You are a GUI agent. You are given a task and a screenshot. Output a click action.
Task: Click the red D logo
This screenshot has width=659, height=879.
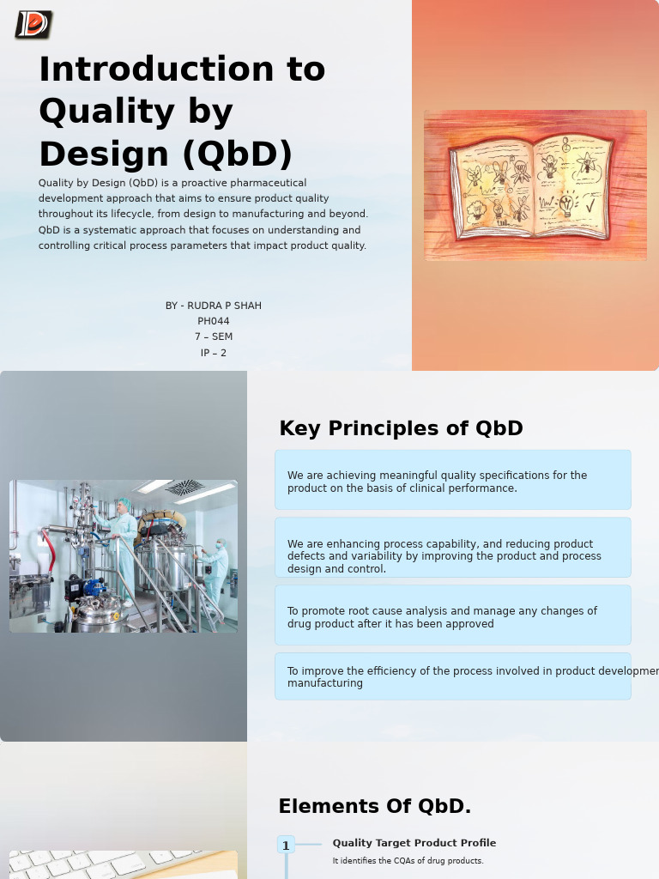[x=33, y=25]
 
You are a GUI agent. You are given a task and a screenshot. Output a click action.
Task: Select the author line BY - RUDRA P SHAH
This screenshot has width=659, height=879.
[x=214, y=306]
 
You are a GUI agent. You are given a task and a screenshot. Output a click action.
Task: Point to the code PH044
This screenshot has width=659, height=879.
[x=214, y=321]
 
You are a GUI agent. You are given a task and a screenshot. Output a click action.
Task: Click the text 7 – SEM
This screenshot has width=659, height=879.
[x=214, y=336]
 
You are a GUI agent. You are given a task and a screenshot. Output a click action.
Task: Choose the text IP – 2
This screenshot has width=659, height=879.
[x=214, y=353]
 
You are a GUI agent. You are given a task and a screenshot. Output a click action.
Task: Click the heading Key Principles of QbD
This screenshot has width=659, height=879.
[x=401, y=428]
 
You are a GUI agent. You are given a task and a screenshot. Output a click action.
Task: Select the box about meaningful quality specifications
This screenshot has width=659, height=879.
[x=452, y=480]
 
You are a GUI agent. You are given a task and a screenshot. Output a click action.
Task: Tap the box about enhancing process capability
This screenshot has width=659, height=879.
[x=452, y=549]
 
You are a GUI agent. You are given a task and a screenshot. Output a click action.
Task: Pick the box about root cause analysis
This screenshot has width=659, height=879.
[x=452, y=615]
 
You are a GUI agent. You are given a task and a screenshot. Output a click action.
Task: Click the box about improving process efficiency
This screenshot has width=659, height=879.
[x=452, y=676]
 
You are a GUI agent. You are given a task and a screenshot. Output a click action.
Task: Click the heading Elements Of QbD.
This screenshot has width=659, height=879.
[x=374, y=807]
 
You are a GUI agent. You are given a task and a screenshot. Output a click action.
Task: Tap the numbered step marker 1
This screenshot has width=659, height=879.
[x=286, y=846]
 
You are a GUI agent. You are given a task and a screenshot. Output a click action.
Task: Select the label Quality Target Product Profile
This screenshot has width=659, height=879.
[x=414, y=843]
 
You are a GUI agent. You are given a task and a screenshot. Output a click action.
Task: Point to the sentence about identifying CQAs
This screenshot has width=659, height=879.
[x=408, y=861]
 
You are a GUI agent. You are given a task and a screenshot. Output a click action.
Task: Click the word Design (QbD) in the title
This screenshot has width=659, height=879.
[x=166, y=155]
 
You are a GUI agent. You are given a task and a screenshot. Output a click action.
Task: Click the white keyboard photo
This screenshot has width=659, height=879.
[x=123, y=864]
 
